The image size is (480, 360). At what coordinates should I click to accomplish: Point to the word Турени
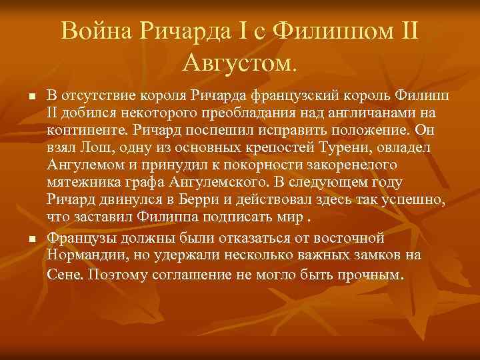(x=360, y=147)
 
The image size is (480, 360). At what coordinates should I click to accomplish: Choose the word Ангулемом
(x=86, y=165)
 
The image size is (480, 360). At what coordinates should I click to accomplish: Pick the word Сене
(x=63, y=273)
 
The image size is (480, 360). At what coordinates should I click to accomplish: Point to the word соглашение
(x=185, y=273)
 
